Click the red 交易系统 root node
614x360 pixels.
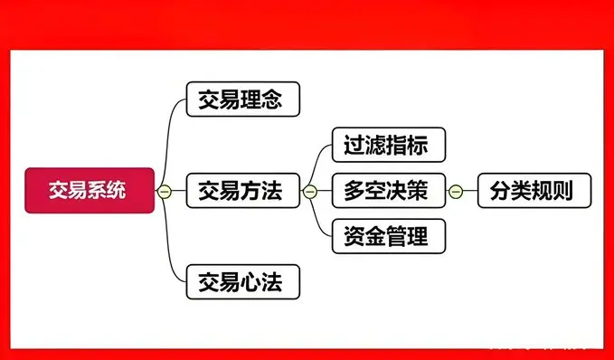tap(89, 191)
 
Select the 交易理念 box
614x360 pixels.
tap(241, 99)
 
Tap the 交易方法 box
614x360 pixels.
tap(241, 191)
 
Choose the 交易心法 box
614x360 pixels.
tap(241, 282)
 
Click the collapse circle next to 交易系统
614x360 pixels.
tap(164, 191)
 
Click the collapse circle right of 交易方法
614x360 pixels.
tap(309, 191)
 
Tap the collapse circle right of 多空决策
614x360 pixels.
tap(456, 191)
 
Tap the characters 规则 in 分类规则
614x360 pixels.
tap(555, 191)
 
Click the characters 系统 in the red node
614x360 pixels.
tap(109, 191)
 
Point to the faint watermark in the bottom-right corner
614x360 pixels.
tap(543, 346)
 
